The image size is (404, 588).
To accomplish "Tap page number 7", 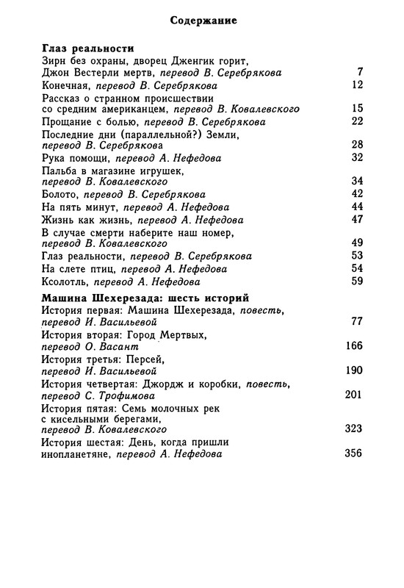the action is click(x=360, y=72).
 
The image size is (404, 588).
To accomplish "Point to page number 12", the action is click(x=358, y=85).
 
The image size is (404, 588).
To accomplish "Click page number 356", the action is click(x=353, y=453).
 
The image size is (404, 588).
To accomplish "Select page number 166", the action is click(x=353, y=345).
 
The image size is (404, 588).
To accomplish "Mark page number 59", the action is click(x=358, y=281).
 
